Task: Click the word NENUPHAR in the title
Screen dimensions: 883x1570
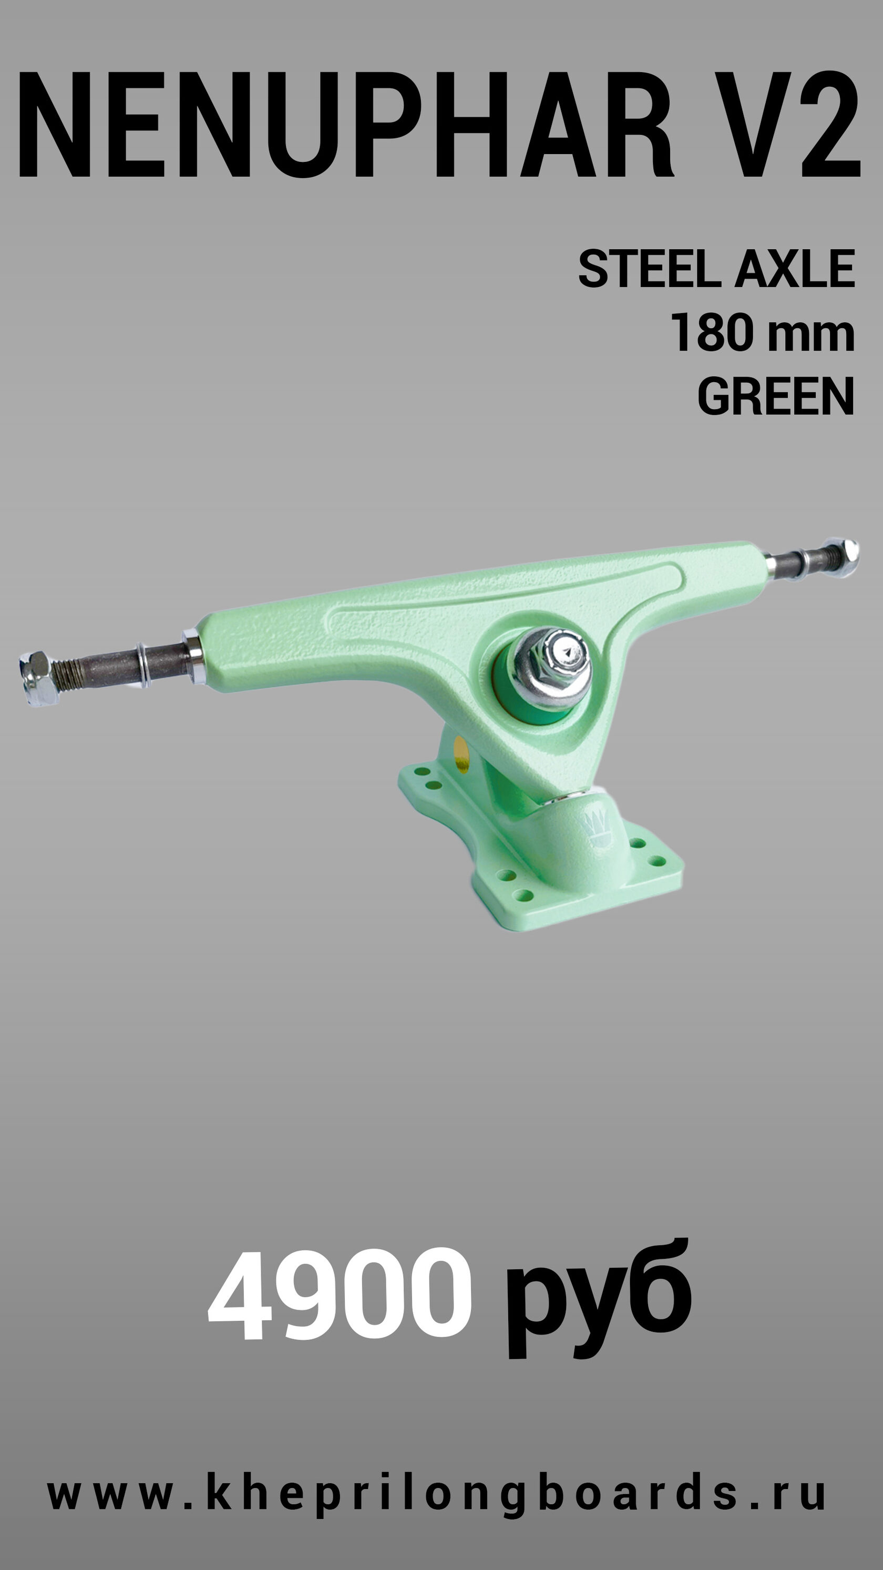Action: pyautogui.click(x=345, y=125)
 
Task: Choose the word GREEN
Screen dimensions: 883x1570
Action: pyautogui.click(x=776, y=396)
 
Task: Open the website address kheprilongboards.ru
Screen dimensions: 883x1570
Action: pyautogui.click(x=436, y=1492)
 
